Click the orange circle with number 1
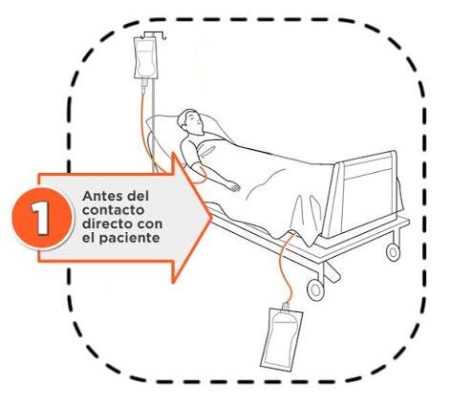pyautogui.click(x=41, y=219)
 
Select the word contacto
pyautogui.click(x=113, y=210)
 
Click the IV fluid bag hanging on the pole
pyautogui.click(x=145, y=57)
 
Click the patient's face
pyautogui.click(x=195, y=121)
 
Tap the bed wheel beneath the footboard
pyautogui.click(x=393, y=252)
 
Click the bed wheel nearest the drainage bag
pyautogui.click(x=315, y=289)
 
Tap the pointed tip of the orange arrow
pyautogui.click(x=212, y=218)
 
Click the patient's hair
pyautogui.click(x=184, y=118)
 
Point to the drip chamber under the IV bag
pyautogui.click(x=144, y=85)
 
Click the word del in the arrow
pyautogui.click(x=138, y=196)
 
